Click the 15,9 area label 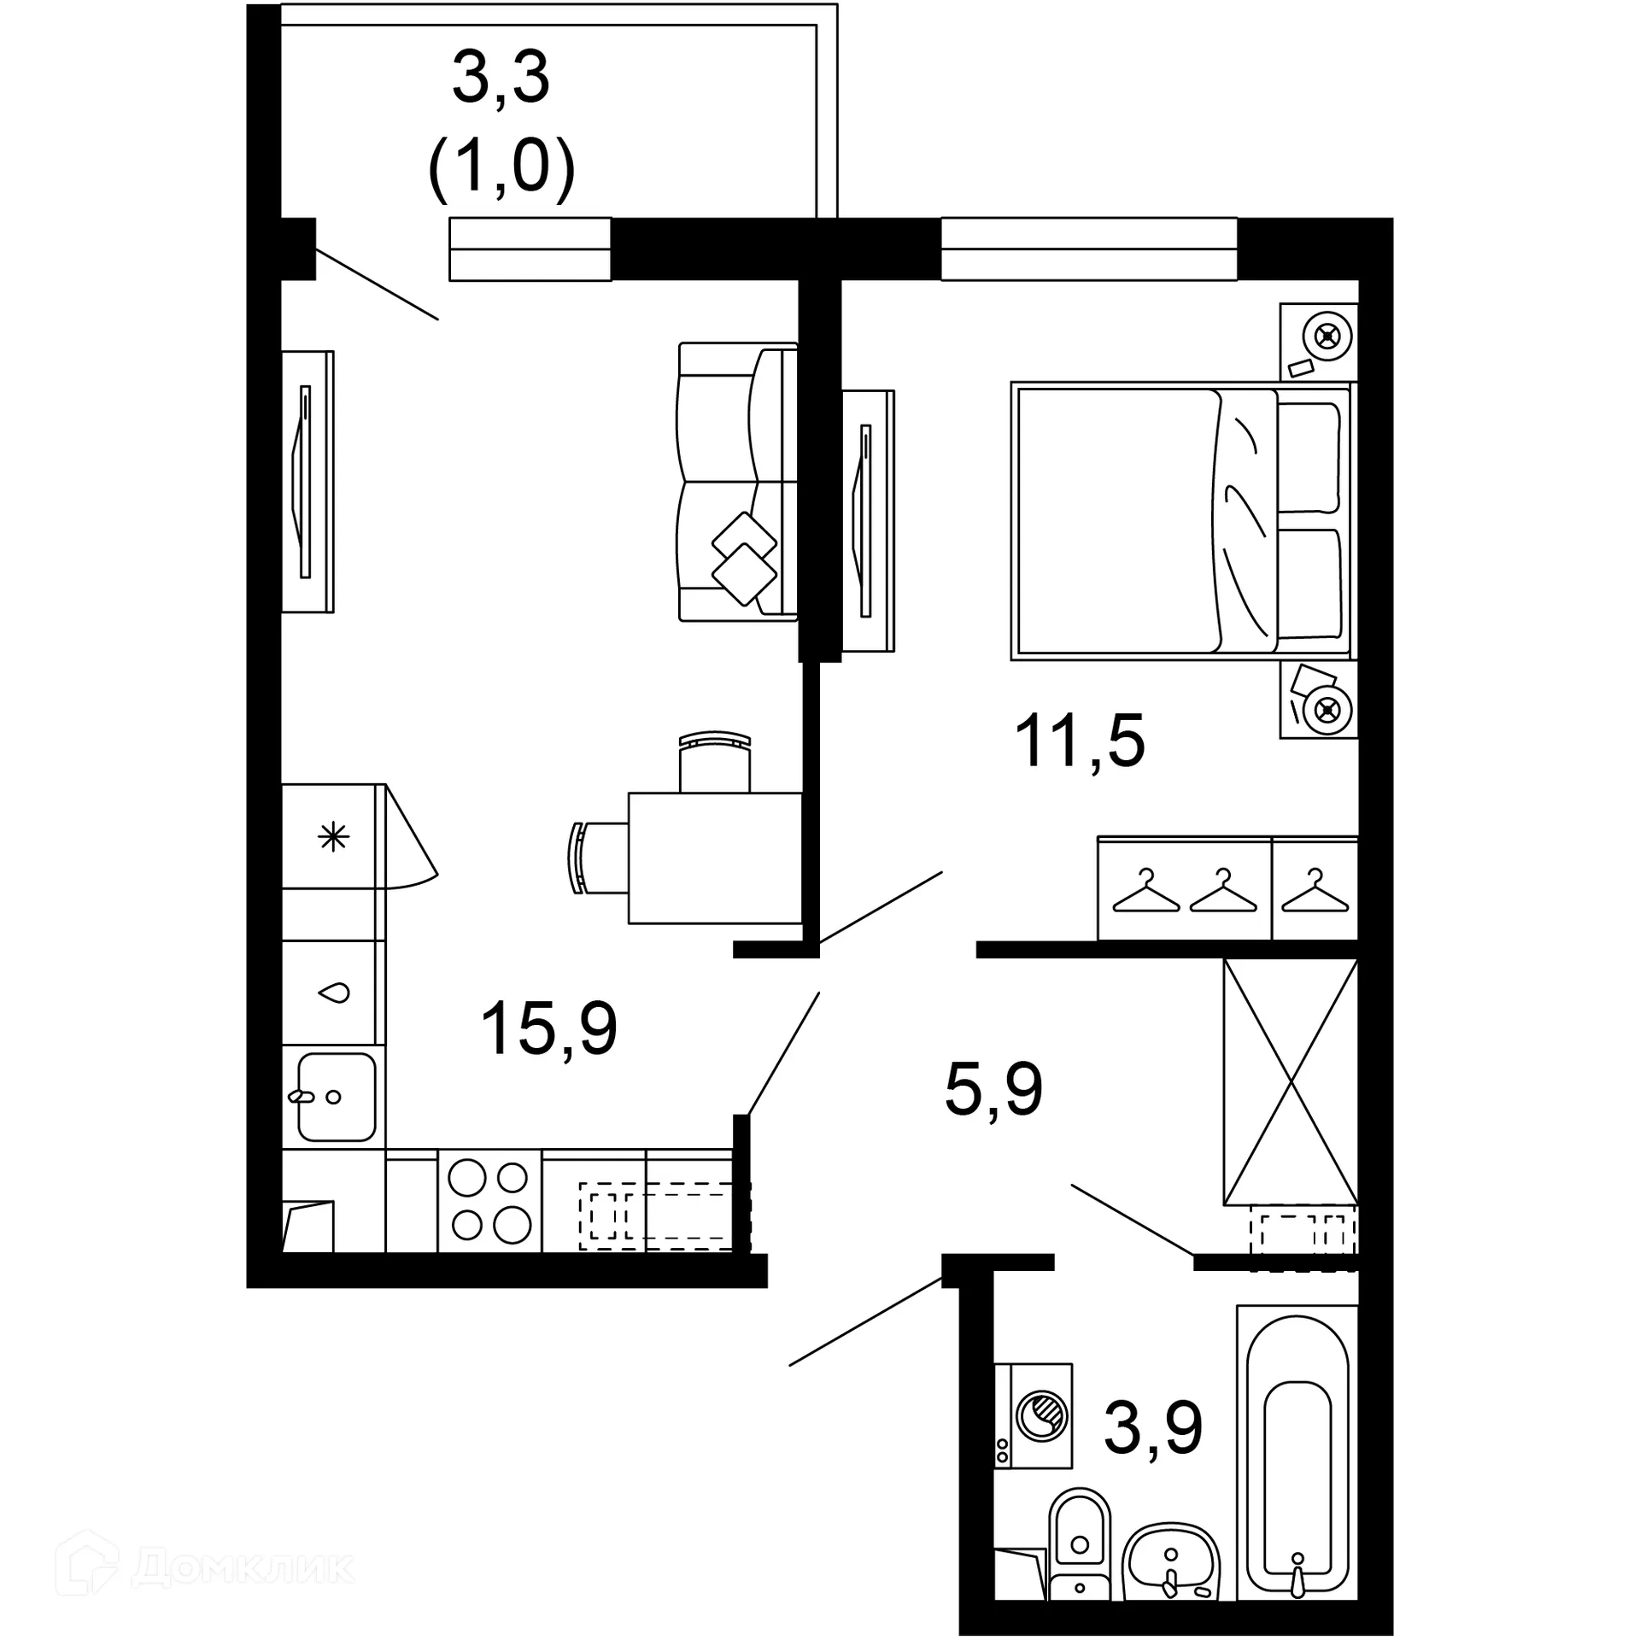(548, 1028)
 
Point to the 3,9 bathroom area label (1153, 1428)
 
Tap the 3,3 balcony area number (501, 79)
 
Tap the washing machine (1034, 1415)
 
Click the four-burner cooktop (489, 1202)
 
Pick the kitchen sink (336, 1096)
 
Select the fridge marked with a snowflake (333, 836)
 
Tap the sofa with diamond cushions (736, 483)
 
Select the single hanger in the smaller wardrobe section (1314, 893)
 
